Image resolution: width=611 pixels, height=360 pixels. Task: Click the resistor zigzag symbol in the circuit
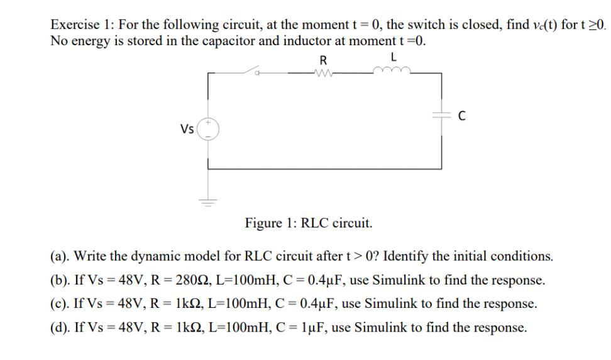click(323, 73)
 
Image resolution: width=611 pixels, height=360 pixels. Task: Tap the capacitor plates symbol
click(442, 115)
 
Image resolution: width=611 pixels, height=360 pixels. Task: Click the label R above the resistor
click(323, 60)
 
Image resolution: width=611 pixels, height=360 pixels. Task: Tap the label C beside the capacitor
click(462, 115)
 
